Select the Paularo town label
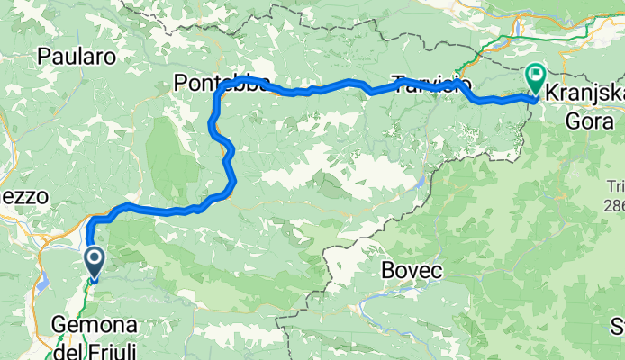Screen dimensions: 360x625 pos(77,57)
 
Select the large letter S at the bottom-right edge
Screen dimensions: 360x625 pos(617,325)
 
